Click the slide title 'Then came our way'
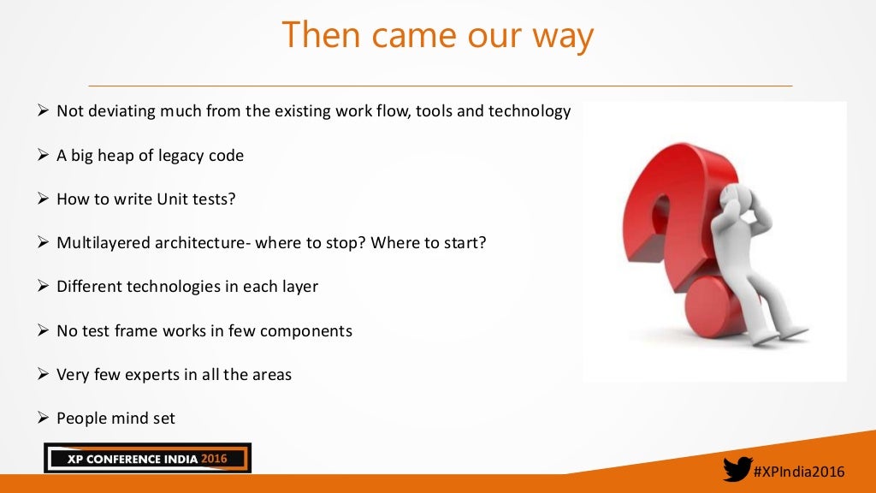[437, 36]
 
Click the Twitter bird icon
[737, 470]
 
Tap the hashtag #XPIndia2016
[799, 472]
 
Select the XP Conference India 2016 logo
[147, 459]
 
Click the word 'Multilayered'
[104, 243]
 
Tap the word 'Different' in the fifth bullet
[90, 287]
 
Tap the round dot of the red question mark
[717, 304]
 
